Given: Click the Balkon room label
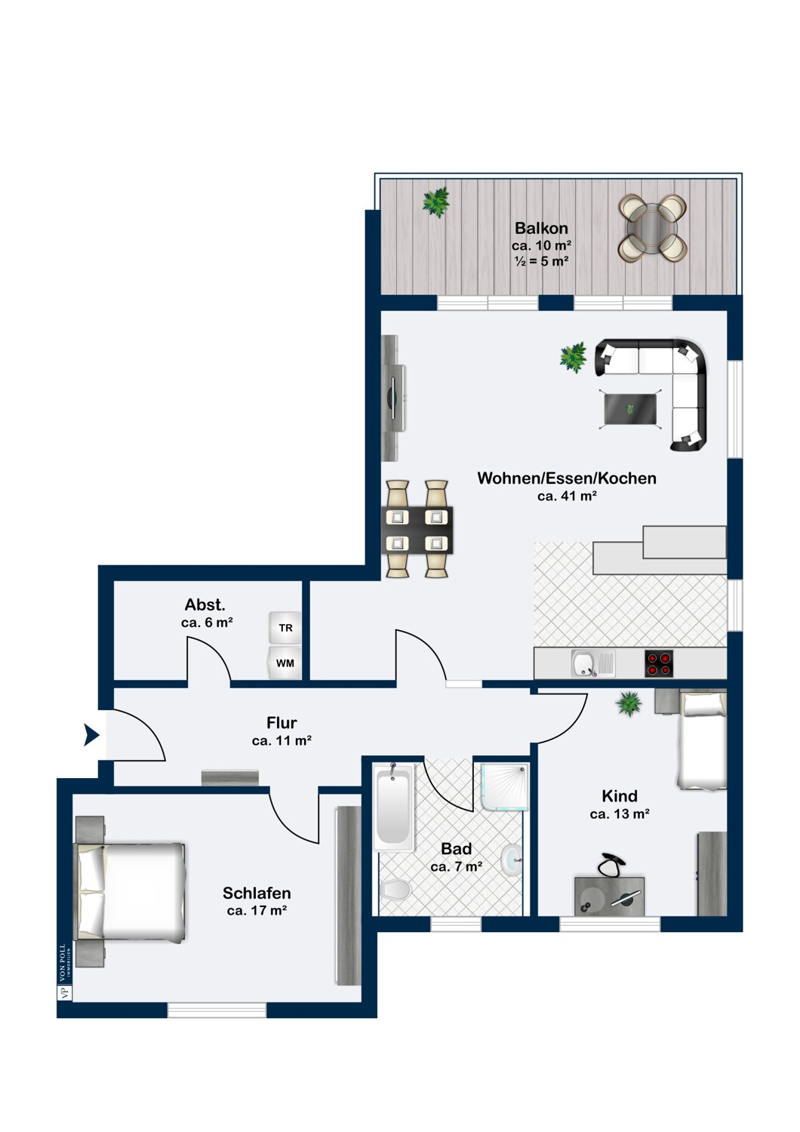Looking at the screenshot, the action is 541,229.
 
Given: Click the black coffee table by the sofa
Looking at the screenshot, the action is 630,409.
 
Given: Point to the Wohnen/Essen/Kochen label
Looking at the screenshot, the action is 567,478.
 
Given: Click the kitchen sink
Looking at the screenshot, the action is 592,663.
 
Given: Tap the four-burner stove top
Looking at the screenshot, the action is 659,663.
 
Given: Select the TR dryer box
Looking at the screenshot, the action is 285,628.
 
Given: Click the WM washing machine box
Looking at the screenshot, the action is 285,663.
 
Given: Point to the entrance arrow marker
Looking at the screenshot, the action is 91,735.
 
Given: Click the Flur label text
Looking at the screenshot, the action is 282,723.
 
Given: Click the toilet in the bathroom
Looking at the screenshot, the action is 397,889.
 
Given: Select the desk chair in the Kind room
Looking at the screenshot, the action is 611,865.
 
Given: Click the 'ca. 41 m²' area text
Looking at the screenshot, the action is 567,497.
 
